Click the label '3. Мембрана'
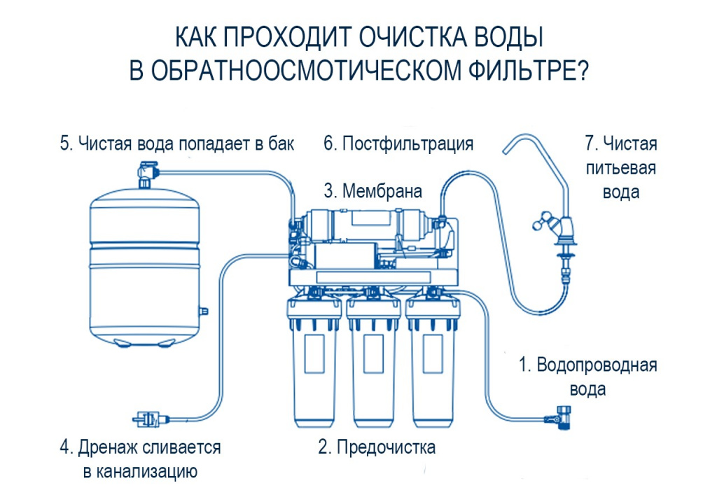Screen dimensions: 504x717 click(x=373, y=190)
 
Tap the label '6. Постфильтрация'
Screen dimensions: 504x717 click(x=398, y=144)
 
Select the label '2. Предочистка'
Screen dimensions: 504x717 click(x=377, y=447)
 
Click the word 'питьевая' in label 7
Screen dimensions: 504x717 click(x=621, y=168)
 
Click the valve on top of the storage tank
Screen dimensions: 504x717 click(x=148, y=170)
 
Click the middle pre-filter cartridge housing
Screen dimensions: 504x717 click(x=375, y=367)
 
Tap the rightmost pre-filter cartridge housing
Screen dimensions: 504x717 click(x=435, y=367)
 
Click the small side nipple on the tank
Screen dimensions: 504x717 click(x=204, y=308)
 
